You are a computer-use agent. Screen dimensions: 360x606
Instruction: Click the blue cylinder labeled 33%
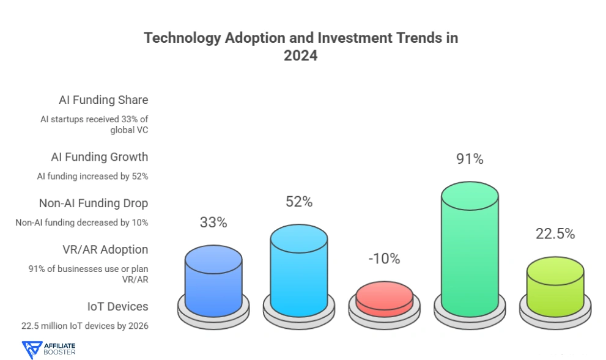click(x=213, y=281)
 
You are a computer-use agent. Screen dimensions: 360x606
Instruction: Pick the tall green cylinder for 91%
click(x=470, y=251)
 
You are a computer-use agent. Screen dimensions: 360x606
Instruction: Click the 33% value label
click(x=213, y=222)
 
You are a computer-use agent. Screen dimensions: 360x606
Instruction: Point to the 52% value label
click(x=299, y=201)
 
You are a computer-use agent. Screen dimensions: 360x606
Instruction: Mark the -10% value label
click(x=384, y=259)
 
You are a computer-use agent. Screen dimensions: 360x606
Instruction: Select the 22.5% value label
click(x=555, y=233)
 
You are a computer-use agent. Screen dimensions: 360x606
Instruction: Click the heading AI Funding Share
click(x=103, y=100)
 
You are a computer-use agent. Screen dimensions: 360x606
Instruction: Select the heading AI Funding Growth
click(x=99, y=157)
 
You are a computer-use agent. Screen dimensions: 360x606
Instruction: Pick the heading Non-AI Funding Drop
click(x=94, y=204)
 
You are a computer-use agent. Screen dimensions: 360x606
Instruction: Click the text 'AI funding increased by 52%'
click(x=92, y=176)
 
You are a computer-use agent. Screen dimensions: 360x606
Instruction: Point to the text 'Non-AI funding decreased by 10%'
click(x=82, y=222)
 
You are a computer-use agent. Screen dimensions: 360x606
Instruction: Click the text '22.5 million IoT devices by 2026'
click(x=83, y=326)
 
